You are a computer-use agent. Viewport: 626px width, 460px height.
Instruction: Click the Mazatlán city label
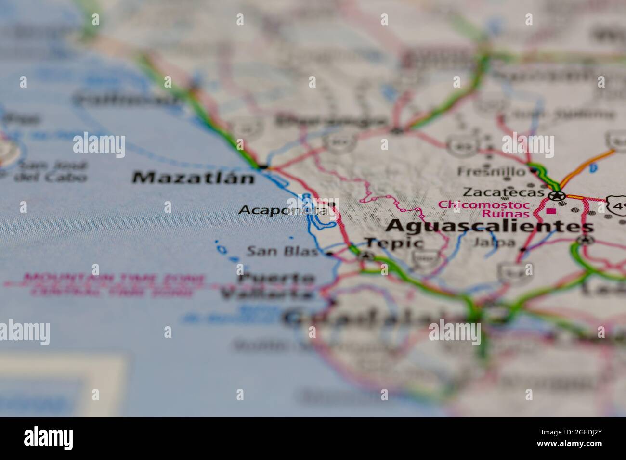(x=193, y=178)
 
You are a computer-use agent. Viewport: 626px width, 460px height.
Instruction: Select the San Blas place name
(x=282, y=251)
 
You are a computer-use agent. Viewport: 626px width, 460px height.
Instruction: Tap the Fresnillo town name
(x=491, y=171)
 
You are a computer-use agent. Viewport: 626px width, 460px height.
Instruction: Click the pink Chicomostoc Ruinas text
(x=484, y=209)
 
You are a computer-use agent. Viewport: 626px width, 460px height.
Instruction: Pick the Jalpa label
(x=494, y=243)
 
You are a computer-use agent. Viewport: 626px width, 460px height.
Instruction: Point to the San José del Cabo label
(x=51, y=171)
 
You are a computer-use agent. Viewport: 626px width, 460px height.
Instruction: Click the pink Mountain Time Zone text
(x=115, y=278)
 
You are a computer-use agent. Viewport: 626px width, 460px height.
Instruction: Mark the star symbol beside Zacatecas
(x=557, y=195)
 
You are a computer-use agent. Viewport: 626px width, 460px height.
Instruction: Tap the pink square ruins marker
(x=550, y=211)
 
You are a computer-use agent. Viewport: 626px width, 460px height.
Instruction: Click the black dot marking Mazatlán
(x=263, y=167)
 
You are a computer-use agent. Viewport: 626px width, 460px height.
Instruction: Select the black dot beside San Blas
(x=330, y=254)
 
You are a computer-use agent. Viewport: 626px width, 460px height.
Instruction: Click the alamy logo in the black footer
(x=48, y=438)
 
